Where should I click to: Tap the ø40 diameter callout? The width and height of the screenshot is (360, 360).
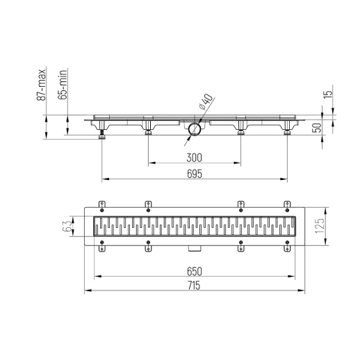coord(203,103)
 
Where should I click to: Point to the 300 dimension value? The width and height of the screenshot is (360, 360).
coord(194,158)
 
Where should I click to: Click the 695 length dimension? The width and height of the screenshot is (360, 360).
coord(194,174)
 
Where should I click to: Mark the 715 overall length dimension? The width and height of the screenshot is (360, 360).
coord(194,286)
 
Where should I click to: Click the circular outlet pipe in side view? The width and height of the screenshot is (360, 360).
coord(195,129)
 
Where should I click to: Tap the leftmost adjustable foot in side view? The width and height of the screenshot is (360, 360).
coord(103,133)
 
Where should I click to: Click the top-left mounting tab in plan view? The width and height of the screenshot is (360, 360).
coord(102,204)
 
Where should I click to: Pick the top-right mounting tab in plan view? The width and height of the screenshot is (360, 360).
coord(286,204)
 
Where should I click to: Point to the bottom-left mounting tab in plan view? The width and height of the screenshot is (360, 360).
coord(102,245)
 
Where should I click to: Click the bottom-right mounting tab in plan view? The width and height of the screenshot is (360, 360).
coord(286,245)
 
